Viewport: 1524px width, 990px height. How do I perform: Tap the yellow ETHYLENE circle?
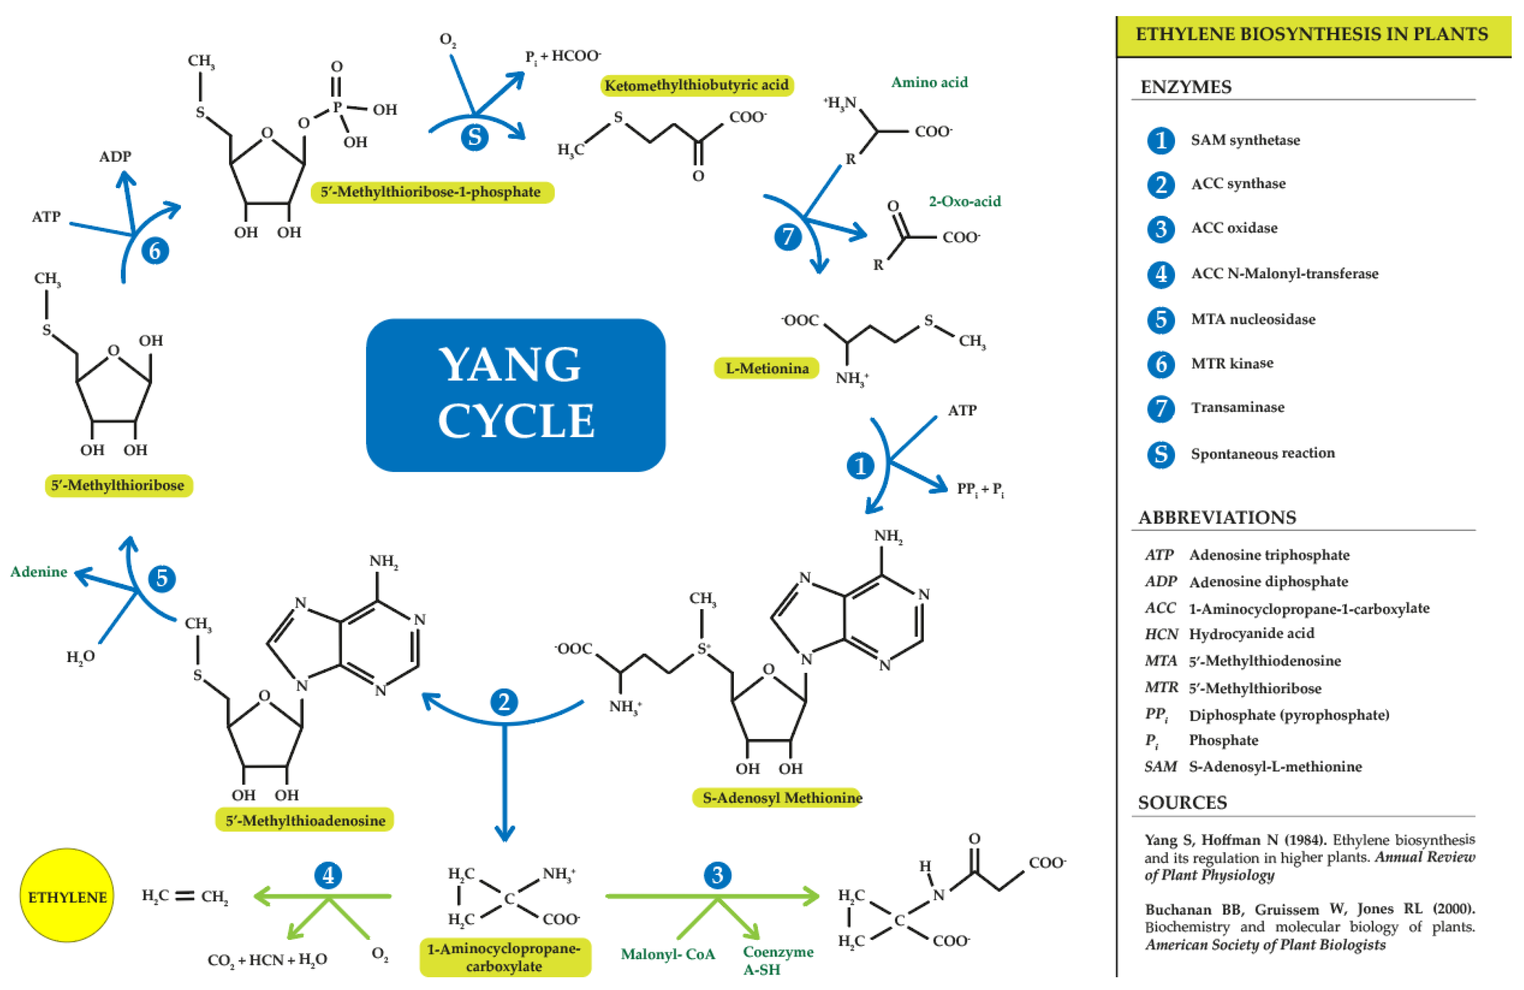67,896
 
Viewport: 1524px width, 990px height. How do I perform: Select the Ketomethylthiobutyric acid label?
696,85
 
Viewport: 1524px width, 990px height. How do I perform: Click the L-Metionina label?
766,369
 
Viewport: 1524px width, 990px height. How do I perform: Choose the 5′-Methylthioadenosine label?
305,820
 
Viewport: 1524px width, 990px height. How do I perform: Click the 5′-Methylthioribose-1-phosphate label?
431,191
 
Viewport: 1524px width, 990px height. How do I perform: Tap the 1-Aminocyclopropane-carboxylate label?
504,957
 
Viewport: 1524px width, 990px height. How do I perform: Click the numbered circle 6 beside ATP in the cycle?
155,250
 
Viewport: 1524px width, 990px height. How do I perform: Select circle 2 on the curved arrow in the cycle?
504,702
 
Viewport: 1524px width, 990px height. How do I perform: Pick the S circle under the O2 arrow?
475,137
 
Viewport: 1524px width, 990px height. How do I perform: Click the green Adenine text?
38,572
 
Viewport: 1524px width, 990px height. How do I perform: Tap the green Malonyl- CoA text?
668,954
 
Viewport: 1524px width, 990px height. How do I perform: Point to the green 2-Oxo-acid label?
964,201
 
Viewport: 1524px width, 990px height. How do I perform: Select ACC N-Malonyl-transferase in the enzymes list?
1284,274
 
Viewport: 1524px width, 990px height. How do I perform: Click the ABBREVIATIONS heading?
1217,517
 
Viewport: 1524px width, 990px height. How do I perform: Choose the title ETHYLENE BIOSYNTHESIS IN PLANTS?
1311,34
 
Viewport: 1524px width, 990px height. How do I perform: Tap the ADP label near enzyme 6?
115,156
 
